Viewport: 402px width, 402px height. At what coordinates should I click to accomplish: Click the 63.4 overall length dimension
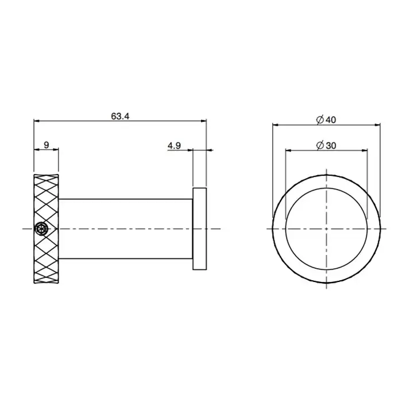[120, 117]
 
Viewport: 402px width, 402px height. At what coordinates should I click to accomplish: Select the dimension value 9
[46, 145]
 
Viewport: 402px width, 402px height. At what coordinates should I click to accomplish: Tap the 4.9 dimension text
[174, 146]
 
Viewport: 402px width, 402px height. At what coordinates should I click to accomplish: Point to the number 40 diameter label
[331, 119]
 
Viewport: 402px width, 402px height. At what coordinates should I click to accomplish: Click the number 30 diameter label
[331, 146]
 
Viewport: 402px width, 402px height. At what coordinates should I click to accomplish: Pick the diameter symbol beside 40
[320, 119]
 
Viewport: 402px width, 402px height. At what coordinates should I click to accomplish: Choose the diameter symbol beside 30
[320, 146]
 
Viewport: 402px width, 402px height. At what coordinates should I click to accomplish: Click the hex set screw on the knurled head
[41, 229]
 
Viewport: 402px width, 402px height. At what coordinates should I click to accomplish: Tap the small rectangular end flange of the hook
[199, 229]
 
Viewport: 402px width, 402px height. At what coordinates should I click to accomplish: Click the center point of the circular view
[326, 229]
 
